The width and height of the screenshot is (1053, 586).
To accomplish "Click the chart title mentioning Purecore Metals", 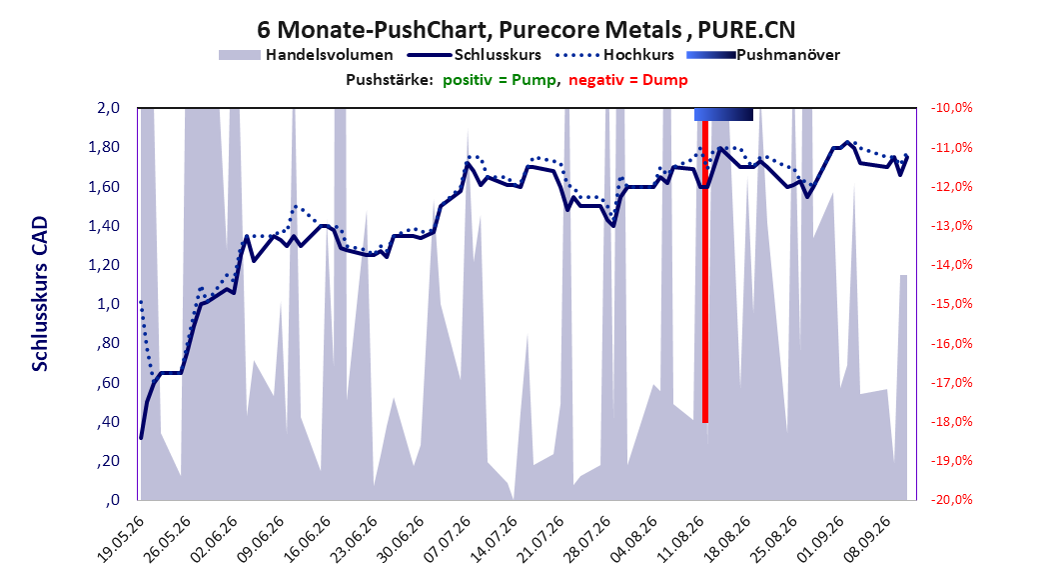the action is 526,30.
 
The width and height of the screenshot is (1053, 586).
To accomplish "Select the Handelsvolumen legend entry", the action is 307,55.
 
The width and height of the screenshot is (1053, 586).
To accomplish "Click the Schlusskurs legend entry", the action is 475,55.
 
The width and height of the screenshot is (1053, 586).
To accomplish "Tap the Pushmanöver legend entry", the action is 763,55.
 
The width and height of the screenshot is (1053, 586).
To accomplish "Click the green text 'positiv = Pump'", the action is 500,80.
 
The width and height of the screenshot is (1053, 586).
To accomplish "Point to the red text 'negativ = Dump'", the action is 628,80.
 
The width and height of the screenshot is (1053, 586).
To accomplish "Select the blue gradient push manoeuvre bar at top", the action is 723,114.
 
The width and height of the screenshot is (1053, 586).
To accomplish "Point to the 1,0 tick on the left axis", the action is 108,304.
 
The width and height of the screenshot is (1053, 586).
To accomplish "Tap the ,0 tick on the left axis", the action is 112,500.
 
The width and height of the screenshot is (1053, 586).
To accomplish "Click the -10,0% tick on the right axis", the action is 951,108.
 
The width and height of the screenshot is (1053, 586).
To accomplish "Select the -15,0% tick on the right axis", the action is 951,304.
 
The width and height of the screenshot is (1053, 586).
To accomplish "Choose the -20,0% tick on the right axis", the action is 951,500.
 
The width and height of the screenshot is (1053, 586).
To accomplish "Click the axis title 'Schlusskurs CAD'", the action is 40,294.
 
